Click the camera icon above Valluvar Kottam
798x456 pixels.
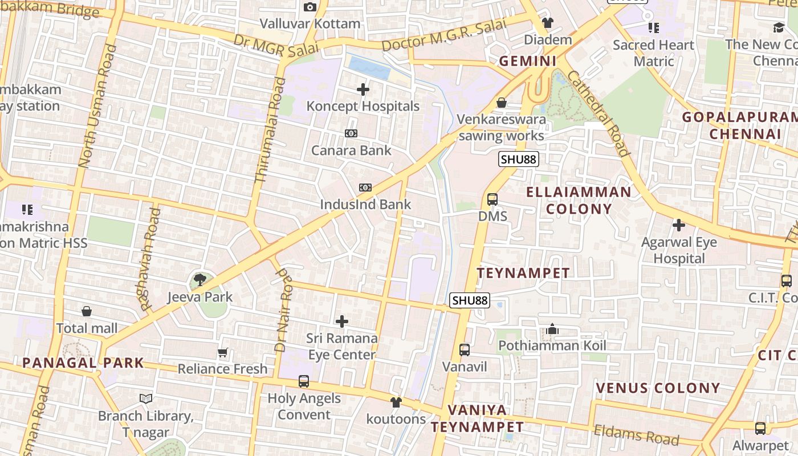pyautogui.click(x=310, y=7)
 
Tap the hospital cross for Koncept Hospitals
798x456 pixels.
pyautogui.click(x=363, y=89)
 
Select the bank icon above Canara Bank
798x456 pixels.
pyautogui.click(x=351, y=133)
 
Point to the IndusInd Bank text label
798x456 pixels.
pyautogui.click(x=365, y=205)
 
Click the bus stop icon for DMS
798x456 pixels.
pyautogui.click(x=492, y=199)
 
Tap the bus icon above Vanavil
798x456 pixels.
pyautogui.click(x=465, y=350)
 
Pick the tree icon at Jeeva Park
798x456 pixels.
pyautogui.click(x=199, y=279)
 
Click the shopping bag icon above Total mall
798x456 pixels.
pyautogui.click(x=87, y=311)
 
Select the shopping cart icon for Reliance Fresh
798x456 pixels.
pyautogui.click(x=223, y=353)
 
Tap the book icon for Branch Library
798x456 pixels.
pyautogui.click(x=146, y=398)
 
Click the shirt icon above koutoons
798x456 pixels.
pyautogui.click(x=396, y=402)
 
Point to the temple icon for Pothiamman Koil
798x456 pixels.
pyautogui.click(x=552, y=329)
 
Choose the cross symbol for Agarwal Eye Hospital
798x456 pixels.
pyautogui.click(x=678, y=225)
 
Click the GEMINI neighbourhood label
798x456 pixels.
pyautogui.click(x=528, y=61)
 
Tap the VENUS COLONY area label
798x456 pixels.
pyautogui.click(x=658, y=389)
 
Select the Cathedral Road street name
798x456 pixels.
pyautogui.click(x=598, y=113)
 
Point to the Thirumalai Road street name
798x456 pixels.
pyautogui.click(x=270, y=130)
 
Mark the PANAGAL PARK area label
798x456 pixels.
pyautogui.click(x=83, y=363)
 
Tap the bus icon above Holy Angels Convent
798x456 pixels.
pyautogui.click(x=304, y=381)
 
